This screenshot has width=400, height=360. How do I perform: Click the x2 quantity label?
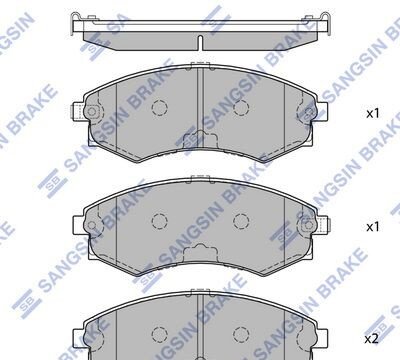[371, 339]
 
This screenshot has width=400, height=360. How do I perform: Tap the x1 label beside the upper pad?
[373, 114]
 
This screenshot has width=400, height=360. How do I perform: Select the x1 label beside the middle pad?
[373, 227]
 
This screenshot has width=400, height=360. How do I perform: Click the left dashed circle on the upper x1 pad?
[159, 108]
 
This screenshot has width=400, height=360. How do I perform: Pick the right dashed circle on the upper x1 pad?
[241, 108]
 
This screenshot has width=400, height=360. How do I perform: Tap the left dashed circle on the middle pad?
[159, 221]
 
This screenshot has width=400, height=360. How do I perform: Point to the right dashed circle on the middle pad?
[241, 221]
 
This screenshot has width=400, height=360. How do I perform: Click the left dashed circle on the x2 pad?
[159, 334]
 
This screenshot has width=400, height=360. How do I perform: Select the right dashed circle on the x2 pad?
[241, 334]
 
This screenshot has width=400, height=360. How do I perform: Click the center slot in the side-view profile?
[200, 43]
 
